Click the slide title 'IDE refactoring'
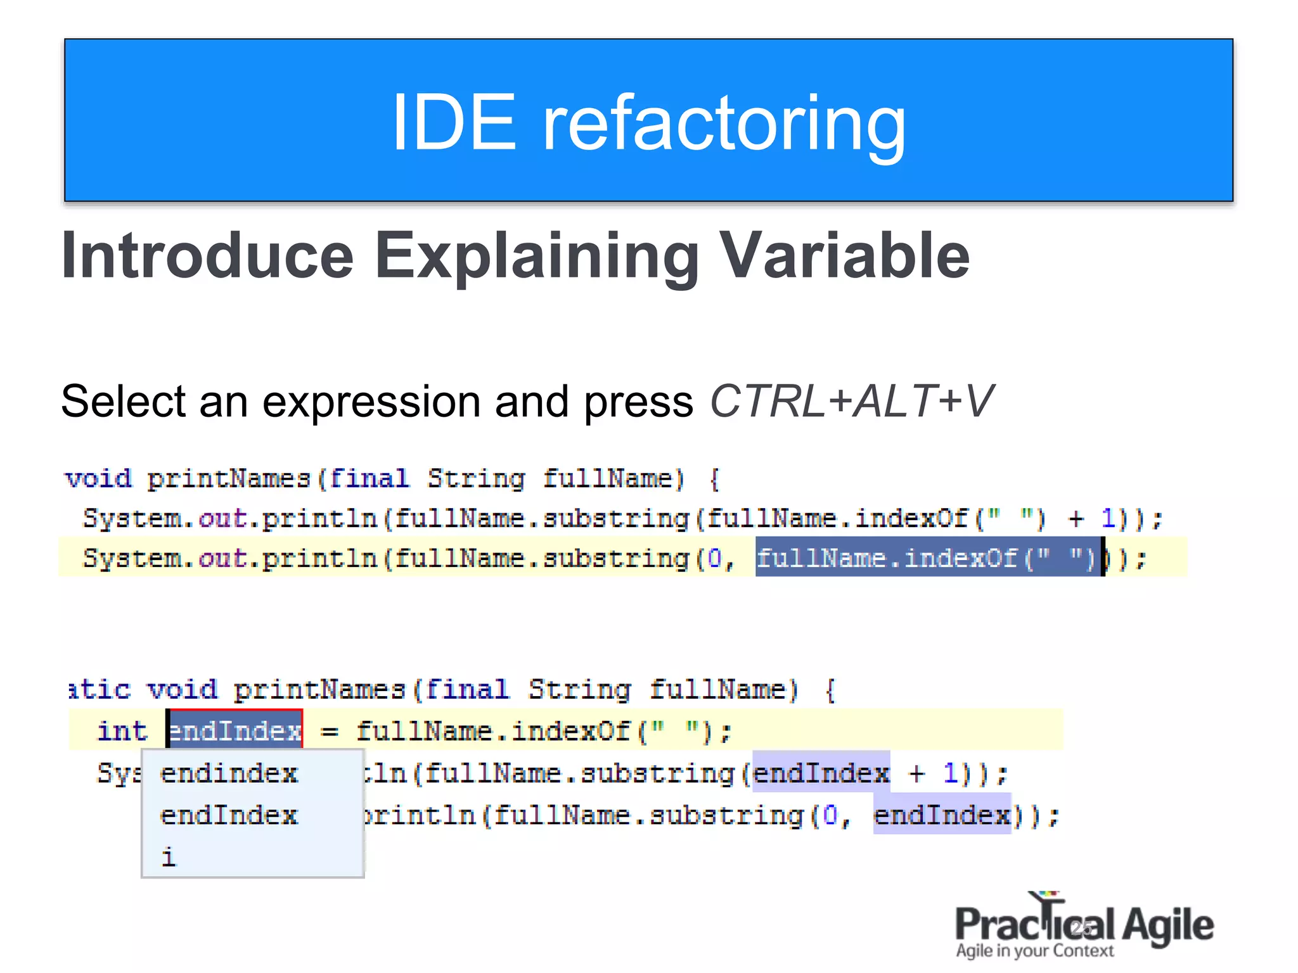coord(648,122)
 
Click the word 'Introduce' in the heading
coord(207,255)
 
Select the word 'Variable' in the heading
coord(845,255)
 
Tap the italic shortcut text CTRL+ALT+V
coord(851,401)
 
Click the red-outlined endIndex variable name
coord(235,731)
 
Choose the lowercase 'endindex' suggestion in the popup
coord(228,773)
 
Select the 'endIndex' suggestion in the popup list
coord(228,815)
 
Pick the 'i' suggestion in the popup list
coord(168,856)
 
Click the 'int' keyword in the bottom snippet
coord(122,731)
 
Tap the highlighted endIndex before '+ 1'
coord(821,773)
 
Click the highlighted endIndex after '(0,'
coord(942,815)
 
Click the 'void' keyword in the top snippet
coord(98,479)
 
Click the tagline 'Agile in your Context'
coord(1034,951)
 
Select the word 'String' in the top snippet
coord(476,479)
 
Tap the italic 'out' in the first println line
coord(222,519)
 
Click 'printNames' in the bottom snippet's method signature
coord(319,689)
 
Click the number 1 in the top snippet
coord(1108,519)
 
